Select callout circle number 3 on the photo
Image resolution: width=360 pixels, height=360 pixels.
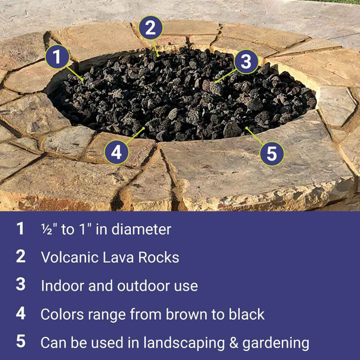246,61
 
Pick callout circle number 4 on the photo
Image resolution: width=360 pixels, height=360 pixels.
117,152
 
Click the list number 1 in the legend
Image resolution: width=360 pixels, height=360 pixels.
21,229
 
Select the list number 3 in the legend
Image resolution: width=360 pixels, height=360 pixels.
21,285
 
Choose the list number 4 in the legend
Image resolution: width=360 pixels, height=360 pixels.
21,313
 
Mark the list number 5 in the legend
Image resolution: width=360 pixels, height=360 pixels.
21,342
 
